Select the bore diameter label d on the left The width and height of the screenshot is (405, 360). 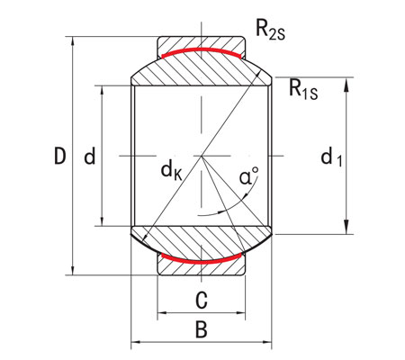point(89,157)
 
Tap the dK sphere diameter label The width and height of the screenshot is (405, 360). point(172,167)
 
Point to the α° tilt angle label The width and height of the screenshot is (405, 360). point(249,176)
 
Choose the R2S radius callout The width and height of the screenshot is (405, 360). point(271,30)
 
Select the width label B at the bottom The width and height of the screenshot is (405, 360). point(202,329)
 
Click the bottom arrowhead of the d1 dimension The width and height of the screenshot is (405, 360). point(347,229)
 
